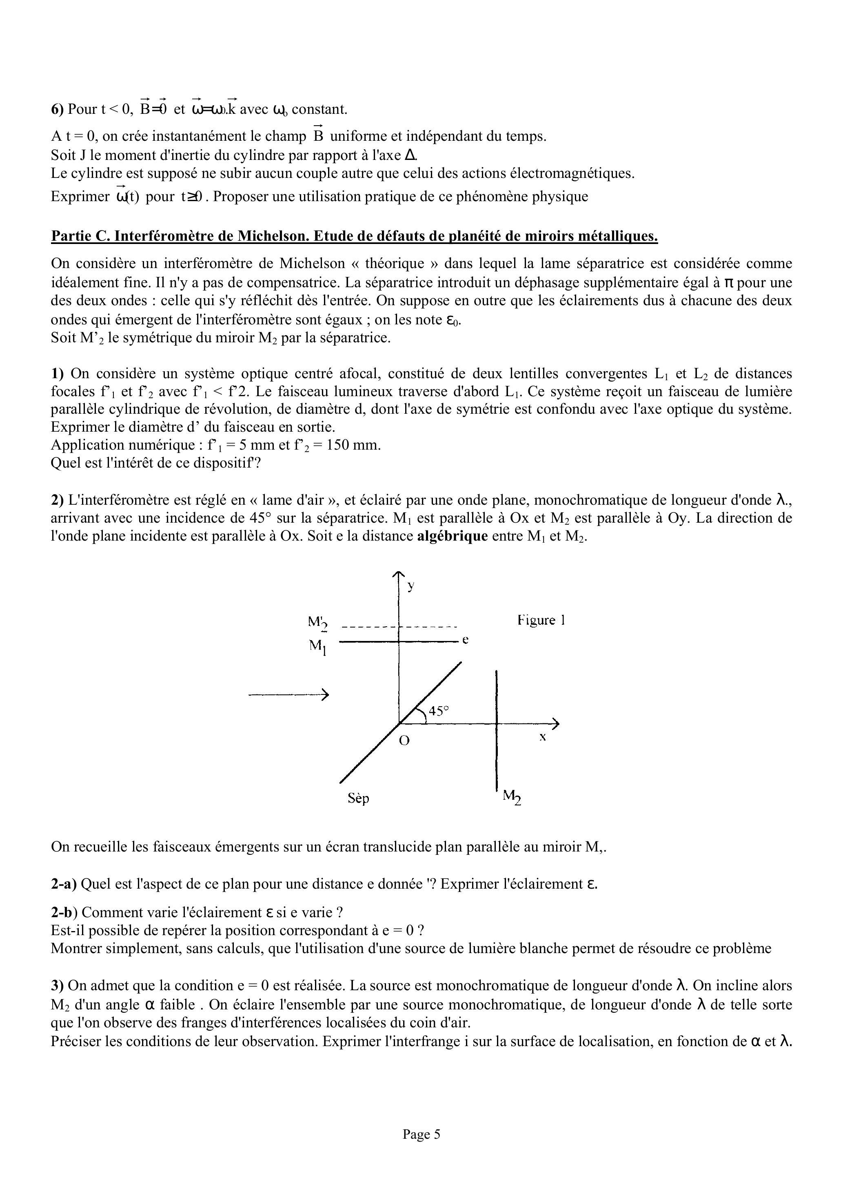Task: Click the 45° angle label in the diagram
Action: tap(439, 711)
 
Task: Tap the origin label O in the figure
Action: tap(404, 741)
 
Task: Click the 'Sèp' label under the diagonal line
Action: tap(358, 798)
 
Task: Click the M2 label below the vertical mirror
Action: tap(512, 796)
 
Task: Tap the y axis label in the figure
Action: tap(411, 586)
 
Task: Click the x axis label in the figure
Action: tap(542, 737)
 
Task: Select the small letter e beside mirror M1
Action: tap(466, 641)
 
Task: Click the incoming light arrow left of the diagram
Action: tap(288, 695)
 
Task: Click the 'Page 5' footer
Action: tap(421, 1134)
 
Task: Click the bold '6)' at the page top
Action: tap(57, 109)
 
